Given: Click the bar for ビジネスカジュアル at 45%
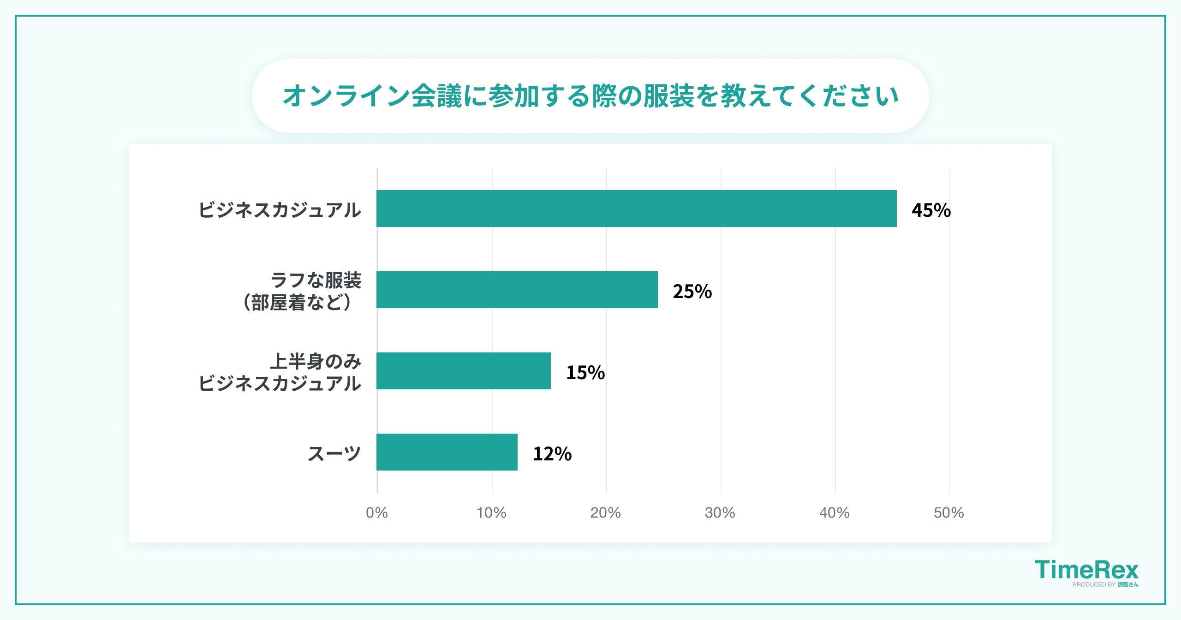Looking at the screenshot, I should (x=637, y=209).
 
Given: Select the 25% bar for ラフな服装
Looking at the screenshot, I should (x=517, y=290).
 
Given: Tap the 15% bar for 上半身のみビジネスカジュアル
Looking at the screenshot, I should (x=463, y=371).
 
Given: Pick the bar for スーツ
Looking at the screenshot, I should (x=447, y=452).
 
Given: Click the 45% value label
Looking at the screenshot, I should (x=931, y=210).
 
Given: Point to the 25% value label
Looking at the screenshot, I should (x=692, y=292).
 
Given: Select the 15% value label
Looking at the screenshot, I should (x=585, y=373).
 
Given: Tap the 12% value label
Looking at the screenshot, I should (x=552, y=454).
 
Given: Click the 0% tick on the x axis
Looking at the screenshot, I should (x=376, y=513).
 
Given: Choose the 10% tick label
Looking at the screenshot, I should (x=491, y=513).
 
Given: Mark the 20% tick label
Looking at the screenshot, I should (x=605, y=513).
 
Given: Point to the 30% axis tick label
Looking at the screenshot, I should (x=720, y=513).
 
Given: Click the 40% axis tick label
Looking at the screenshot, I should (x=834, y=513).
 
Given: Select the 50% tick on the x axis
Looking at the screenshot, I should (x=948, y=513).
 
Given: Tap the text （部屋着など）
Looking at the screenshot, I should (x=298, y=303).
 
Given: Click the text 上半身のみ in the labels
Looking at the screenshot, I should (x=316, y=361).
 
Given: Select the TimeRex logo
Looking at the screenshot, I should (x=1086, y=570).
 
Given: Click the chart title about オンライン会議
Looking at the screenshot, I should (x=590, y=96).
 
